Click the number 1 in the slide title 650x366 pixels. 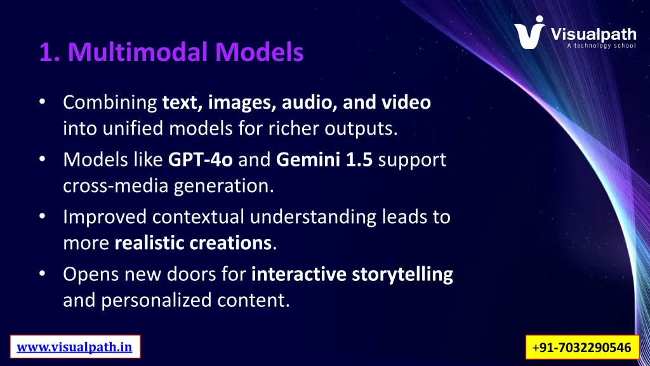(x=45, y=52)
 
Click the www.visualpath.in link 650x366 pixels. (x=74, y=347)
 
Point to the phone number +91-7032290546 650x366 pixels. (x=582, y=348)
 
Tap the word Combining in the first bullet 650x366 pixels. (x=110, y=102)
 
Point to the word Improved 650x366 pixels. (x=105, y=217)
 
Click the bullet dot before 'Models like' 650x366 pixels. (x=42, y=159)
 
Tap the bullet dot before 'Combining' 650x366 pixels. (x=42, y=102)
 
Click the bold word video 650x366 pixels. (x=407, y=102)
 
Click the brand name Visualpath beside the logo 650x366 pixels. (x=593, y=32)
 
